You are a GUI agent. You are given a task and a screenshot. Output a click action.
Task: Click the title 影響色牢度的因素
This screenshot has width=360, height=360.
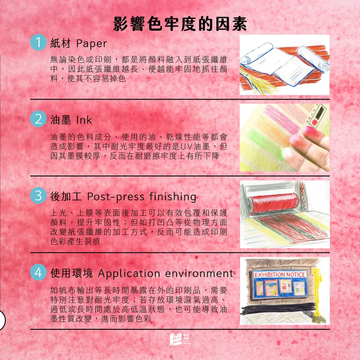tap(180, 23)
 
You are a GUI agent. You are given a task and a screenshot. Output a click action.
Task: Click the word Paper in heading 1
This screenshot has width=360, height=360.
tap(91, 44)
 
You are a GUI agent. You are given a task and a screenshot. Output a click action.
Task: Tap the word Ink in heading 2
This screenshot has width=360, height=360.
tap(84, 120)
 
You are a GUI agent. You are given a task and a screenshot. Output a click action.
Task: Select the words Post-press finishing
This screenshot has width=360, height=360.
tap(142, 197)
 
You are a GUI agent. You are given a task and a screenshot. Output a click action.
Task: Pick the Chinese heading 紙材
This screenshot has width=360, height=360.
tap(61, 44)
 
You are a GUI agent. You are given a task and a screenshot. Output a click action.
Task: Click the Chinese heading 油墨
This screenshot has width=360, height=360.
tap(61, 120)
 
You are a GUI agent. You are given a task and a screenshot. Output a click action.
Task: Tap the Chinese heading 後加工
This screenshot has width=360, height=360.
tap(65, 197)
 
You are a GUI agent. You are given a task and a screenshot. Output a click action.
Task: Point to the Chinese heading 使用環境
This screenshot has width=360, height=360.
tap(70, 273)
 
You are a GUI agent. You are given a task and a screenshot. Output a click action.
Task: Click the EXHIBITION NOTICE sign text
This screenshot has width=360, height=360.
tap(280, 275)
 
